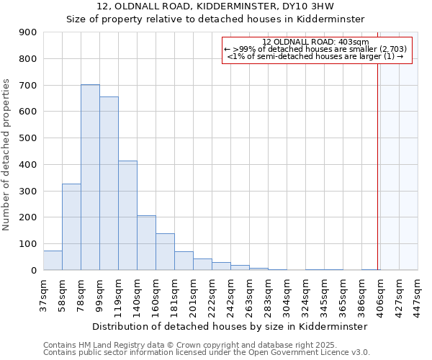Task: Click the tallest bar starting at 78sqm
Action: click(x=90, y=177)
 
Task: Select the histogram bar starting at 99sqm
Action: click(x=109, y=184)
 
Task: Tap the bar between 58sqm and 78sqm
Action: click(x=71, y=227)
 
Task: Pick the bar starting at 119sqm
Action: click(x=127, y=215)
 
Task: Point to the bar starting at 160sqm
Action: click(x=165, y=252)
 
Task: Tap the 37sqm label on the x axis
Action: click(x=43, y=294)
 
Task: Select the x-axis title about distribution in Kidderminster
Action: click(x=230, y=326)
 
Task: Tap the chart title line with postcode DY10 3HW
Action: click(x=215, y=6)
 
